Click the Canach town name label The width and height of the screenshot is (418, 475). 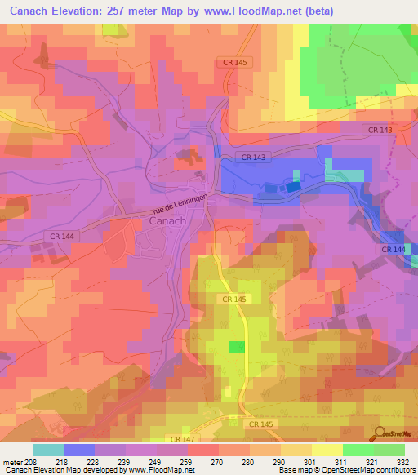pos(167,221)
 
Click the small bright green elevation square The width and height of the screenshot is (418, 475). pos(237,348)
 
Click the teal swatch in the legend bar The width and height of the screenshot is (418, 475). pos(47,450)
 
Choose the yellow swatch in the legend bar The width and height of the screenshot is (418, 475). pos(327,450)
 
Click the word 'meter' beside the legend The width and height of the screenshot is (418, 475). pos(11,462)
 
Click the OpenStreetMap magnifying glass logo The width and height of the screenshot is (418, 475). pos(379,433)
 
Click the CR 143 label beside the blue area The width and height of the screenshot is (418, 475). pos(251,157)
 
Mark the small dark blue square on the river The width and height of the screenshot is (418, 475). pos(292,187)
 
